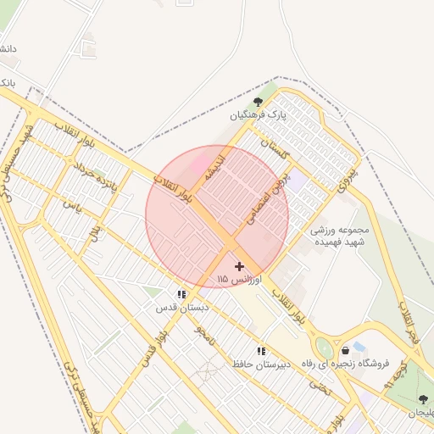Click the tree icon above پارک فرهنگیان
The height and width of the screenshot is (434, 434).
click(x=258, y=102)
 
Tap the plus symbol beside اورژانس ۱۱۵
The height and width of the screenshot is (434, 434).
click(x=239, y=266)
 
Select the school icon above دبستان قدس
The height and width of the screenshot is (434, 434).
click(x=181, y=294)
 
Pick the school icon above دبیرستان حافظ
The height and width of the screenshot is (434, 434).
click(x=261, y=351)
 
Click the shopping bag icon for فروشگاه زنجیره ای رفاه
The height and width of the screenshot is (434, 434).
click(x=345, y=350)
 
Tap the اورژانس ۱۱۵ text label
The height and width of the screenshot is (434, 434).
click(x=240, y=279)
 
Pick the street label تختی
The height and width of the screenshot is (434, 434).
click(x=320, y=387)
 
